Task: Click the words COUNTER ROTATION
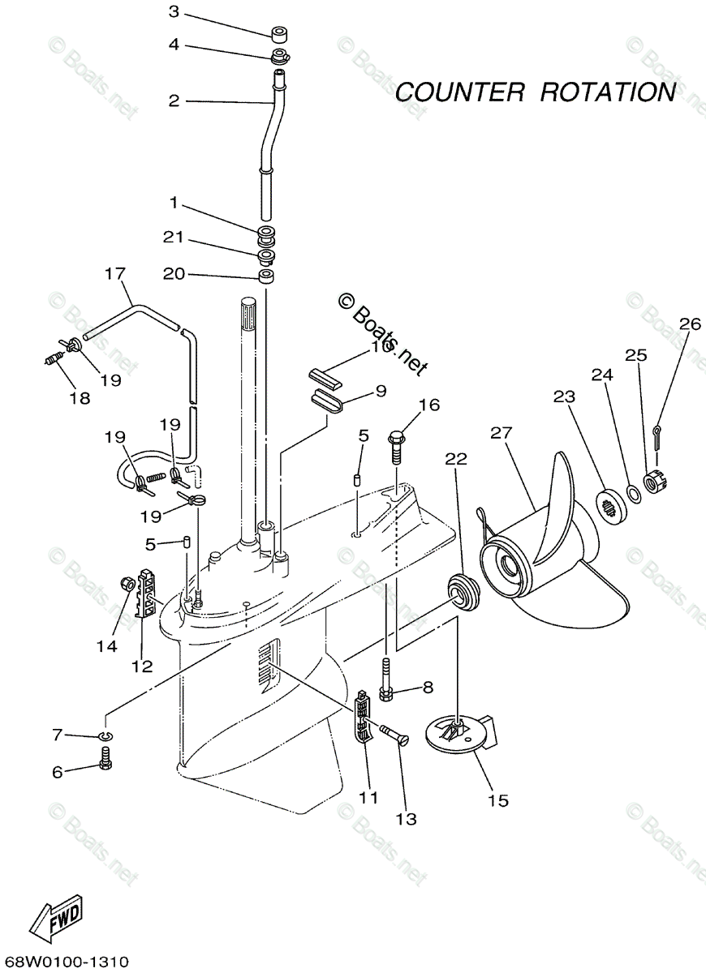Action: point(535,92)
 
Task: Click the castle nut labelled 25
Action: point(654,482)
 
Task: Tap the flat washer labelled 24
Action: point(631,491)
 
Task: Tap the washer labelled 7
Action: point(105,735)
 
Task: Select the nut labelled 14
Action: point(127,583)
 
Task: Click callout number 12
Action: point(142,666)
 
